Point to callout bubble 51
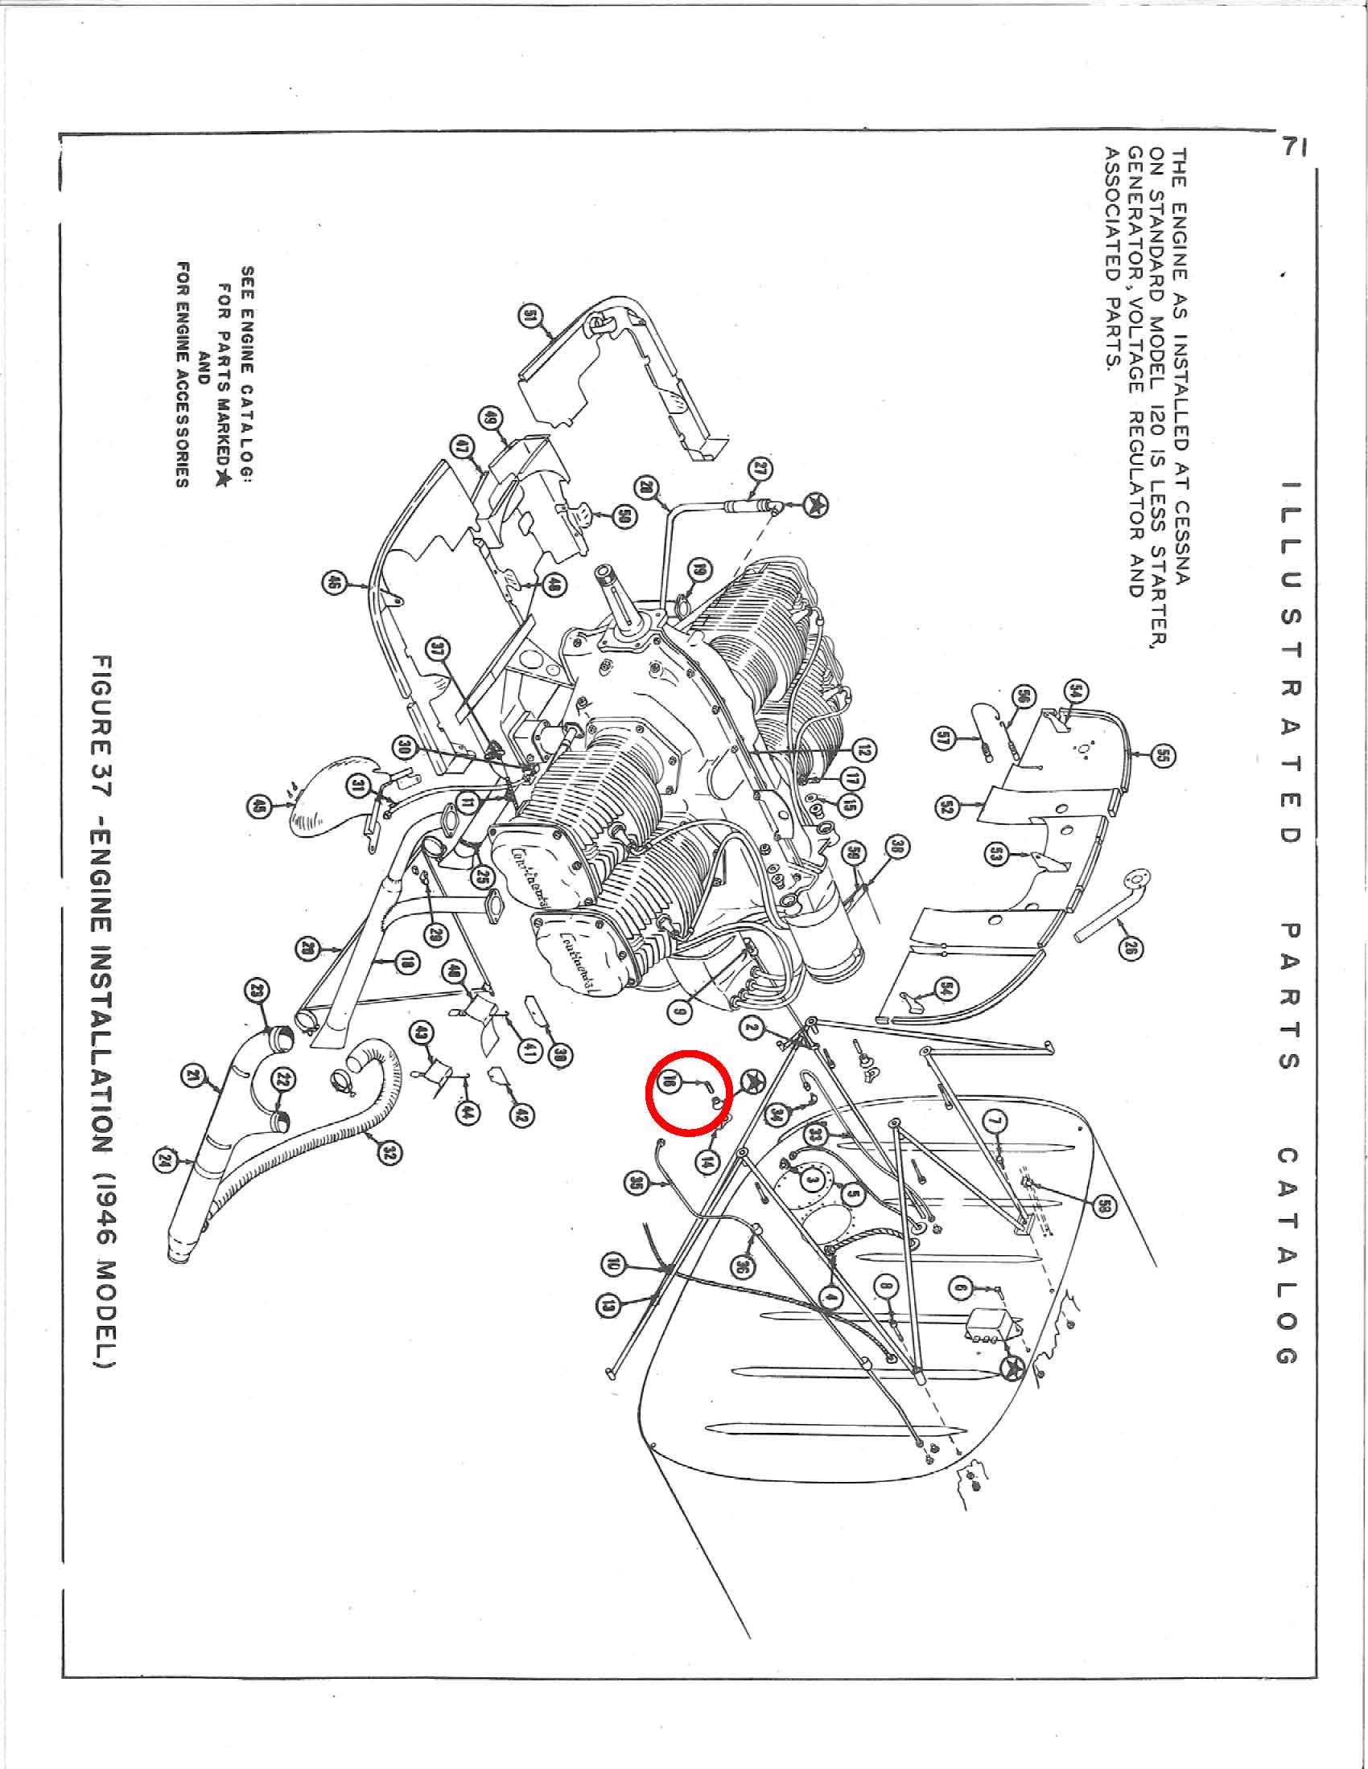pos(532,318)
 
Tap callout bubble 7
pos(994,1123)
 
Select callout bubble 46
pos(333,582)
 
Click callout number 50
pos(626,516)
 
